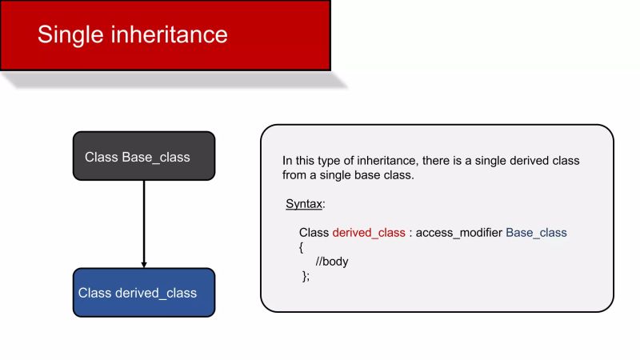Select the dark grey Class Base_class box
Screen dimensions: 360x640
[x=144, y=156]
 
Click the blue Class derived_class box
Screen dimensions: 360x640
[x=144, y=293]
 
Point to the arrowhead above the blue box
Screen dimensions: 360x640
[x=144, y=263]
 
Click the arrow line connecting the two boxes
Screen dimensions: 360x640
[x=144, y=220]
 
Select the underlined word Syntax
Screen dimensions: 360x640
[x=304, y=204]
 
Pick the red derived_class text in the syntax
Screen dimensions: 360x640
[x=369, y=233]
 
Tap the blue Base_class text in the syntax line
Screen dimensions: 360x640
[x=536, y=233]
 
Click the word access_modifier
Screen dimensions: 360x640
[x=459, y=233]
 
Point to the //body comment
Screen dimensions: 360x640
[x=332, y=262]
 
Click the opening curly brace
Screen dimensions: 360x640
[x=302, y=247]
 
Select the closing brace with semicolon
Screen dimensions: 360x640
[x=305, y=276]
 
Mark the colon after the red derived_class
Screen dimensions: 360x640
[x=410, y=233]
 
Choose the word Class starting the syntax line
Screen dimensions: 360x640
[x=314, y=233]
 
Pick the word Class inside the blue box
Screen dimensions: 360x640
[x=94, y=293]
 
